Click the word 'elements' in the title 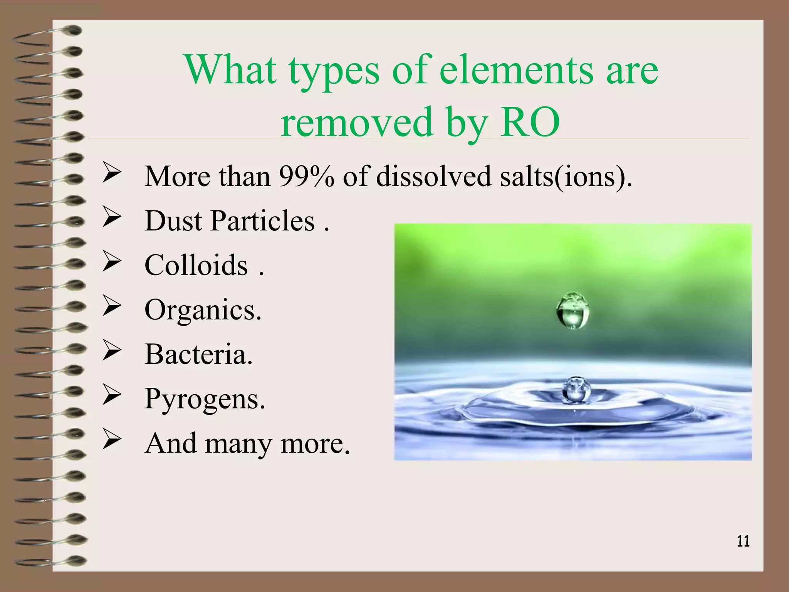(x=516, y=70)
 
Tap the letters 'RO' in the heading (x=530, y=123)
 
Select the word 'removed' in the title (x=356, y=123)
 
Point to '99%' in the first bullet (x=306, y=177)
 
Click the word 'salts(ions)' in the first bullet (x=565, y=177)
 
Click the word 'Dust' (x=173, y=221)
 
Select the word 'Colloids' (x=196, y=266)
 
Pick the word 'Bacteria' (x=197, y=354)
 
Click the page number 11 (x=743, y=541)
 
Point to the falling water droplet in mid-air (x=573, y=310)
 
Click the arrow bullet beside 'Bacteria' (x=112, y=351)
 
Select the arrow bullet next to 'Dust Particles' (x=112, y=218)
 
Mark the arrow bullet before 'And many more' (x=112, y=441)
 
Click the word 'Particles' (x=263, y=221)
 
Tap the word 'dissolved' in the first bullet (x=433, y=177)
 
